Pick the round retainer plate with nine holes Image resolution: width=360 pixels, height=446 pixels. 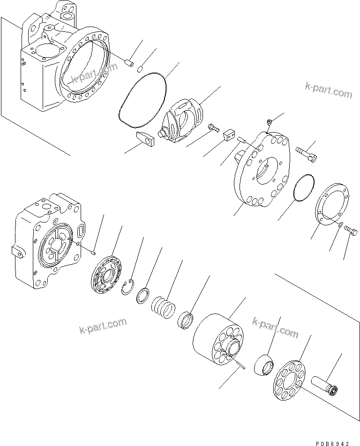pyautogui.click(x=290, y=379)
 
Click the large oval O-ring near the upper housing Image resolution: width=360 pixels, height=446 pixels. pyautogui.click(x=141, y=100)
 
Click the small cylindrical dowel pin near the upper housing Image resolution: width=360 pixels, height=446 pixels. pyautogui.click(x=130, y=63)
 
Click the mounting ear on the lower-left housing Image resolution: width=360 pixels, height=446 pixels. pyautogui.click(x=18, y=252)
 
